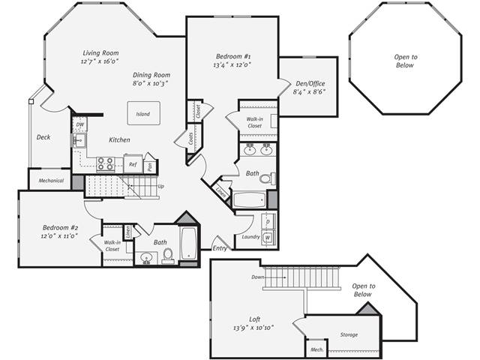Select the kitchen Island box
point(142,115)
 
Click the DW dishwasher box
point(80,124)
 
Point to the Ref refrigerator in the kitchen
point(133,163)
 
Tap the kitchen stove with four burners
point(105,163)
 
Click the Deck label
point(43,137)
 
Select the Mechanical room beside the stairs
point(50,180)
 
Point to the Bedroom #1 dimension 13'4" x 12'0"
point(232,65)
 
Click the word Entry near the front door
point(220,248)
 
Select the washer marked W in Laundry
point(268,238)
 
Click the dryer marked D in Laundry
point(268,223)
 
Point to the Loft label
point(255,318)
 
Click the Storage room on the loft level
point(348,334)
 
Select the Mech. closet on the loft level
point(316,349)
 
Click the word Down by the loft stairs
point(257,277)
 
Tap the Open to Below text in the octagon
point(406,61)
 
